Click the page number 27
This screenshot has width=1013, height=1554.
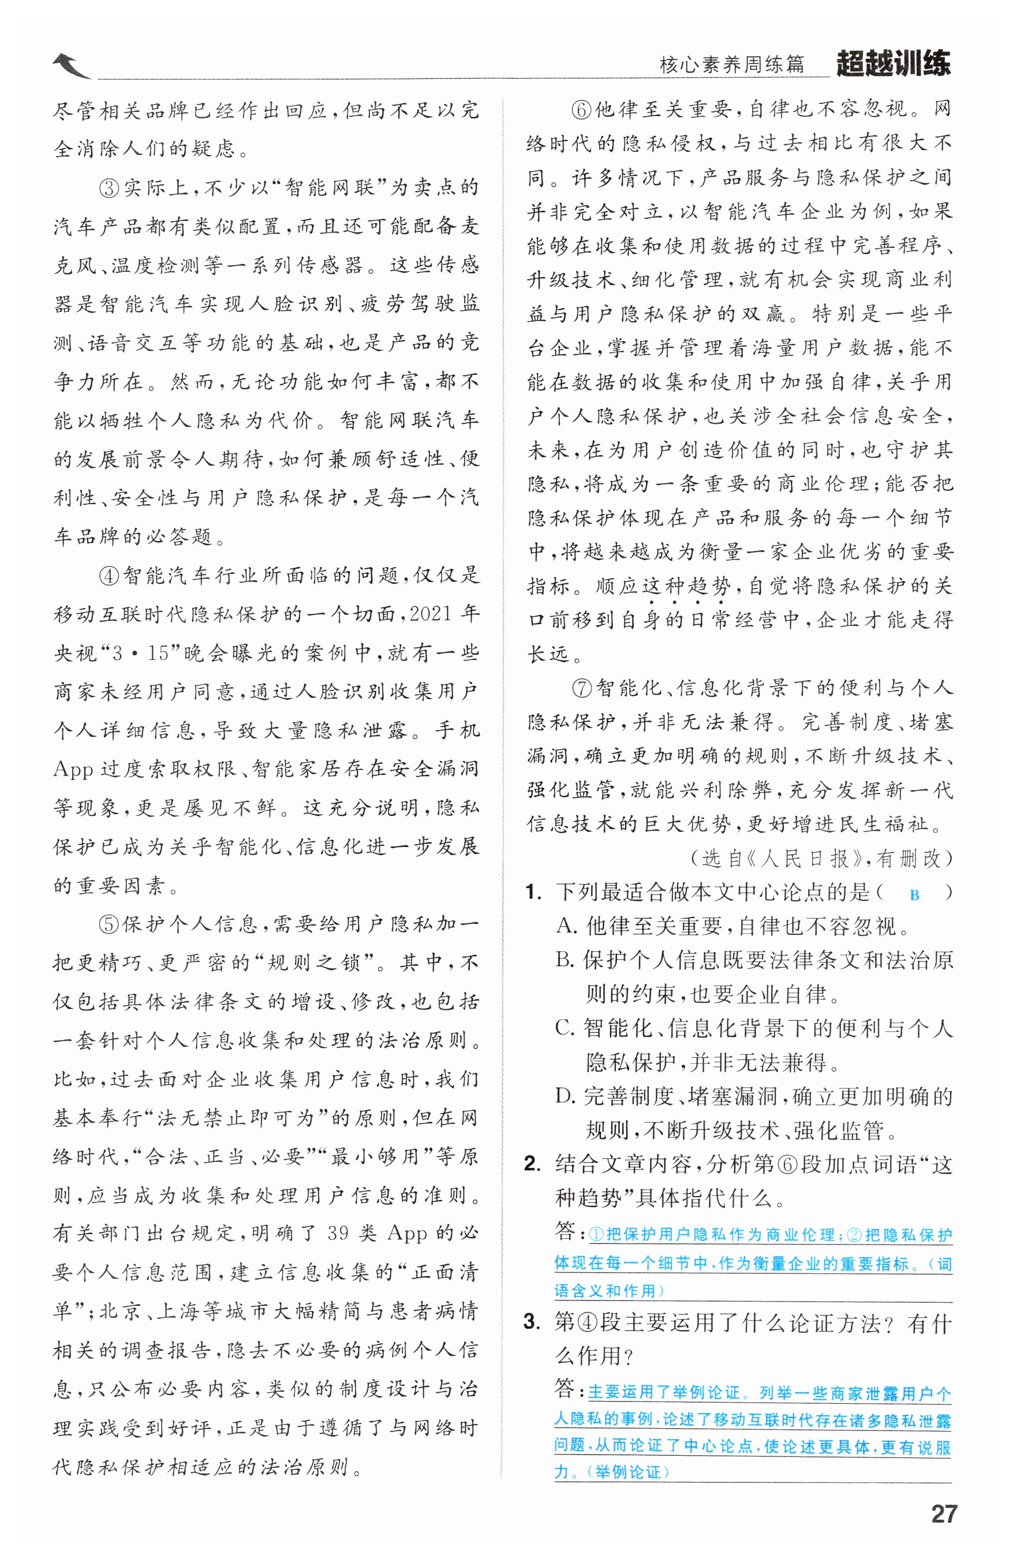click(x=943, y=1514)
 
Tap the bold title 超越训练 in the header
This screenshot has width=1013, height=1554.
click(x=893, y=64)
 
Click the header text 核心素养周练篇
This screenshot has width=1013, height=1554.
click(x=732, y=65)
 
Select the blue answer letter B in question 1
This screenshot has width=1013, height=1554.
click(x=914, y=895)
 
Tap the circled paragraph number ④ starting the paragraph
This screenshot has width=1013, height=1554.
click(x=109, y=576)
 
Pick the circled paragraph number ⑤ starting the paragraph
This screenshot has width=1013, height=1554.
click(x=109, y=925)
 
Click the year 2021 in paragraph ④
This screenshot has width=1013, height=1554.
click(x=431, y=614)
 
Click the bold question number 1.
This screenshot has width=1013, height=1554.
click(x=533, y=893)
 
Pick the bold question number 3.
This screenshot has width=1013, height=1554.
click(x=533, y=1322)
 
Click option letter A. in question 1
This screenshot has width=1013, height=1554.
click(x=567, y=926)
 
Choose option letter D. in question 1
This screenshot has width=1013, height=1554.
click(x=565, y=1096)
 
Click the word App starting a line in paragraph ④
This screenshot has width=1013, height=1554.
click(x=73, y=770)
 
